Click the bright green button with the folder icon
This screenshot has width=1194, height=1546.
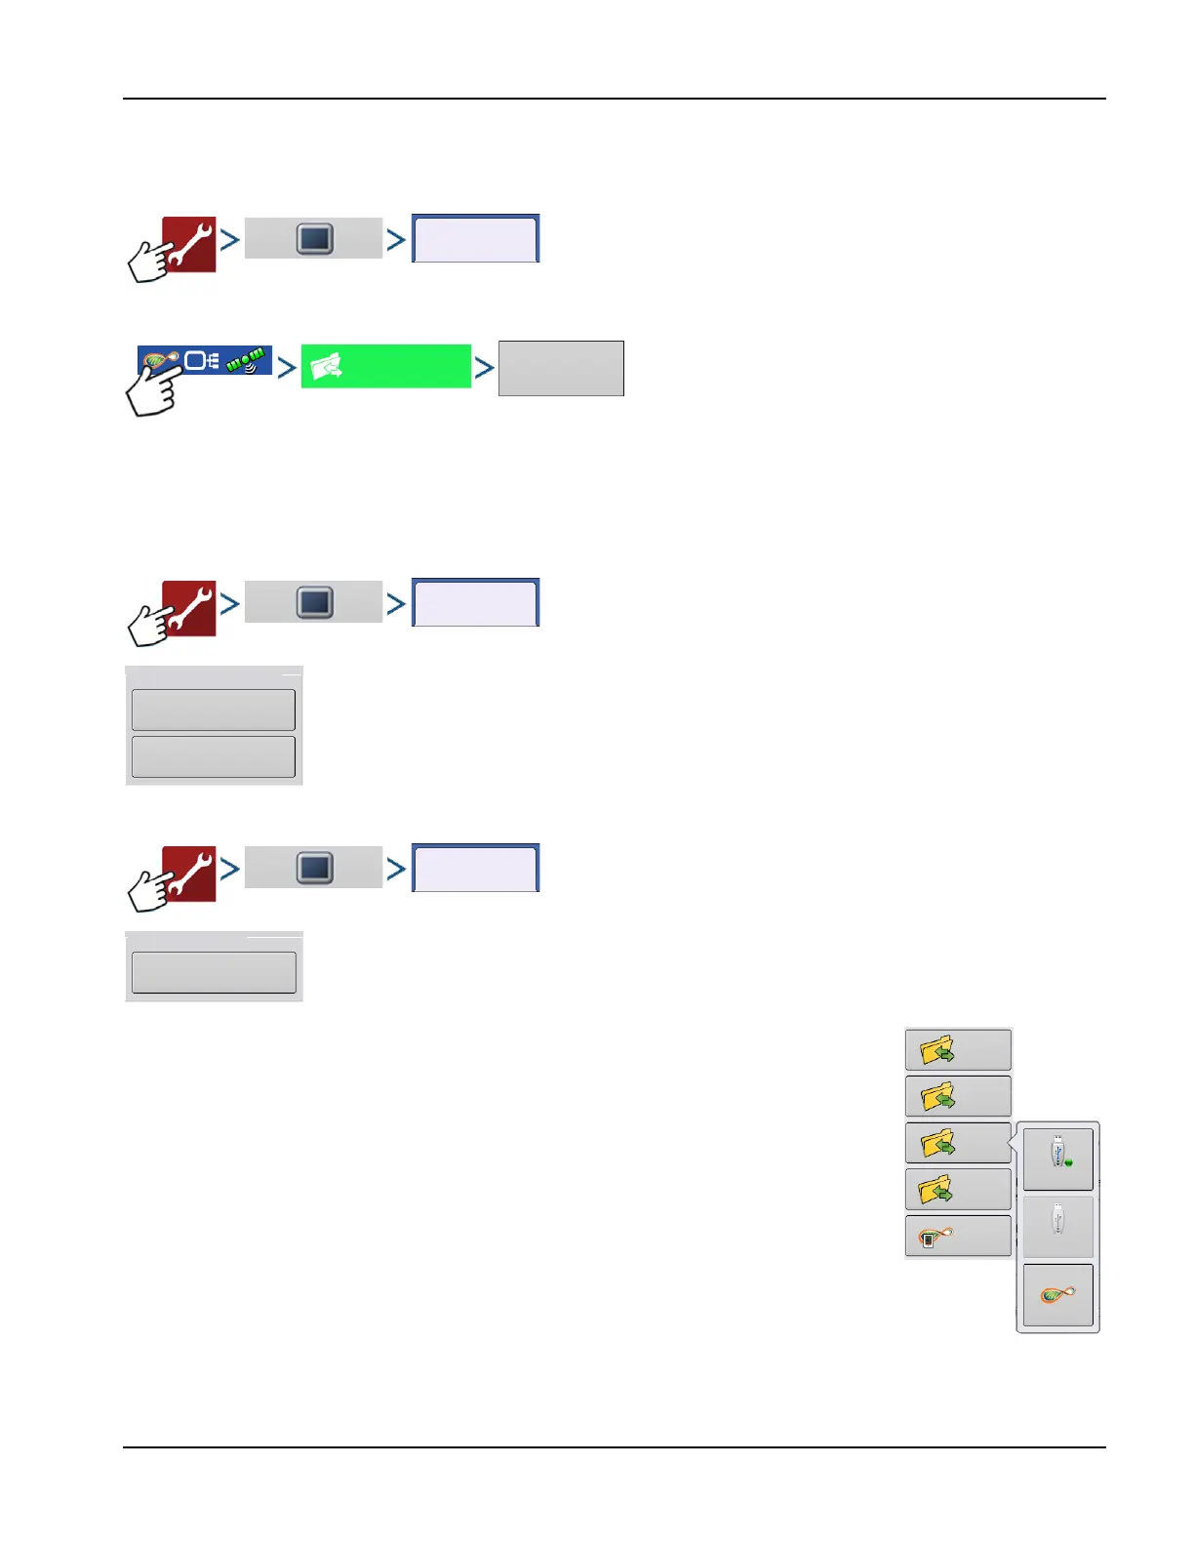385,366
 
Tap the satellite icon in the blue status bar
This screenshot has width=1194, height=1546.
246,360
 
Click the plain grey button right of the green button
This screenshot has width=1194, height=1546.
561,368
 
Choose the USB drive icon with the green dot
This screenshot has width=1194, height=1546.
1058,1158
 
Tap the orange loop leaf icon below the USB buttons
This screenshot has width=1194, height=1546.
1058,1295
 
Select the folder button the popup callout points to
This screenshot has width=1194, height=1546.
958,1143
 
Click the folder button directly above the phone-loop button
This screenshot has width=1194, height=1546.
958,1190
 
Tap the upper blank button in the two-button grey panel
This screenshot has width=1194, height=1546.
214,710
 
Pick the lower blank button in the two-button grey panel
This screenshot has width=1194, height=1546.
214,757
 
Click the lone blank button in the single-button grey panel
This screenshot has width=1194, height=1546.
214,972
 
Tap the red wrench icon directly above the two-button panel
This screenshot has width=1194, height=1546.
189,607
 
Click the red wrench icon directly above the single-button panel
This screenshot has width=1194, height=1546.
189,873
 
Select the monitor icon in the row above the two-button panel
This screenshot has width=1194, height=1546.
314,602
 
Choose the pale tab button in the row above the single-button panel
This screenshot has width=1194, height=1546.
475,868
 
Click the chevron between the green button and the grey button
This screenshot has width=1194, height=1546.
484,368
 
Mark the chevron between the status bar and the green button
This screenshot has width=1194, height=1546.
286,368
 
